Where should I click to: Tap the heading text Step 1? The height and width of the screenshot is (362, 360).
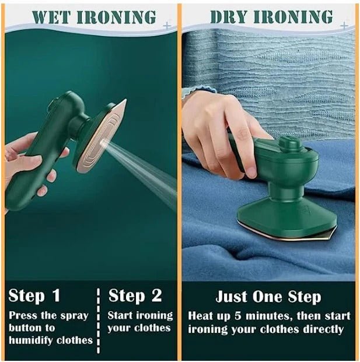(x=34, y=296)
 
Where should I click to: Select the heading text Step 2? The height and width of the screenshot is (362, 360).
(x=135, y=296)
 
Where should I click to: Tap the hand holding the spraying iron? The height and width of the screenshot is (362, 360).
(x=29, y=163)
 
